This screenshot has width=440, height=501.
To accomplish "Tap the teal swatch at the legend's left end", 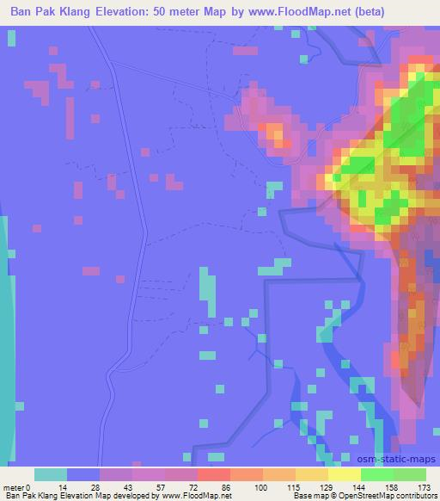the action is tap(51, 474).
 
